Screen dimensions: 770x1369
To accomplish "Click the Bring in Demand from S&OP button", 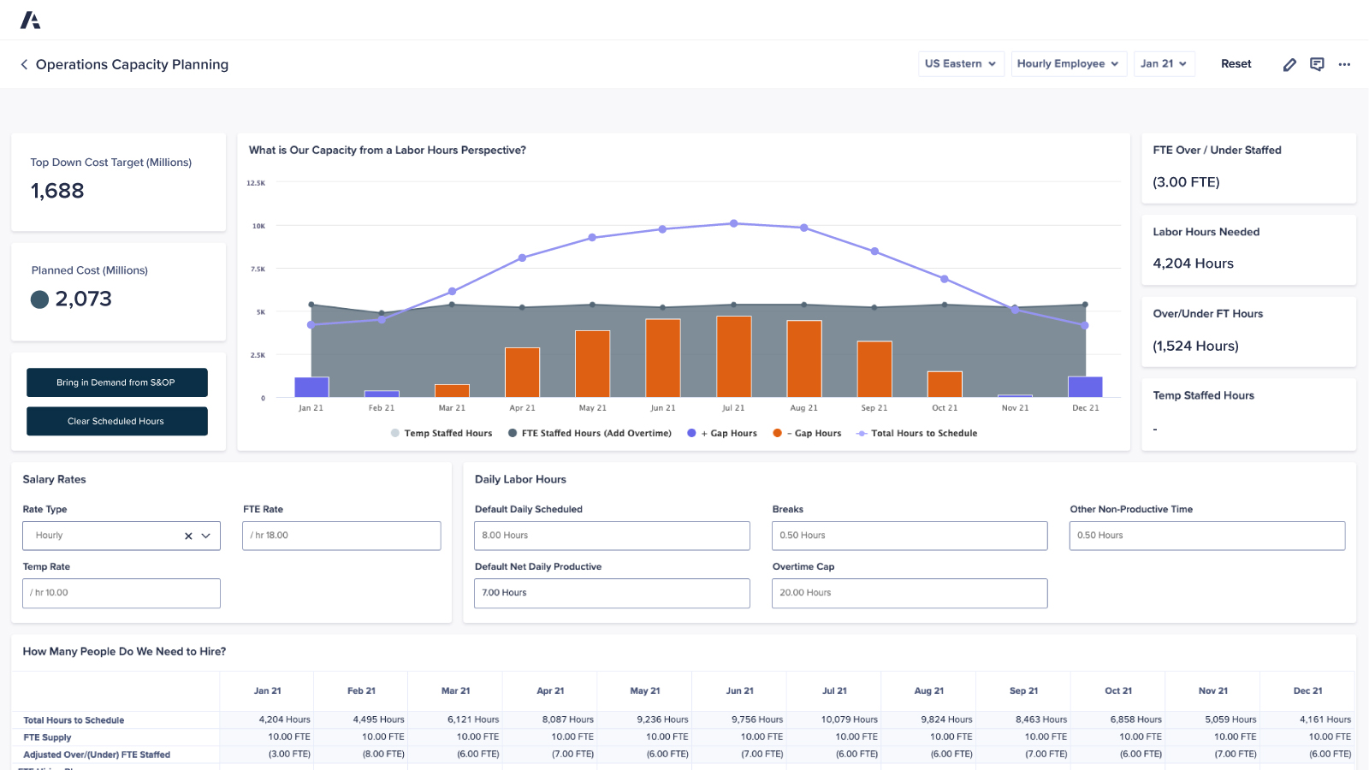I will pyautogui.click(x=116, y=382).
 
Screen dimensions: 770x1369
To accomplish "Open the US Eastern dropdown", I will pyautogui.click(x=960, y=63).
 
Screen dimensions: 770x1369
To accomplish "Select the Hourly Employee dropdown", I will pyautogui.click(x=1067, y=63).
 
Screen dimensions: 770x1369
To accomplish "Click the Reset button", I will pyautogui.click(x=1236, y=63).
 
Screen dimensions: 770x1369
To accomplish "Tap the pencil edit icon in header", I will pyautogui.click(x=1289, y=64).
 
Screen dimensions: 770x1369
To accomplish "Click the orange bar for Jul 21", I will pyautogui.click(x=733, y=357).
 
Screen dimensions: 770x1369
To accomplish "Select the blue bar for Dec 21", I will pyautogui.click(x=1085, y=387).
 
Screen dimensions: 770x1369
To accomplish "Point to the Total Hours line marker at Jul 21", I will pyautogui.click(x=733, y=223).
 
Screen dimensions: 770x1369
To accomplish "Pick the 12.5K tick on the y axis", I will pyautogui.click(x=256, y=183).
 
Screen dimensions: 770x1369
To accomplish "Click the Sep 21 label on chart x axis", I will pyautogui.click(x=874, y=408).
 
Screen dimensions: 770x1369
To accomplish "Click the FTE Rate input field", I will pyautogui.click(x=341, y=536).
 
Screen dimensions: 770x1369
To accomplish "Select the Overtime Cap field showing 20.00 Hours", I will pyautogui.click(x=909, y=593).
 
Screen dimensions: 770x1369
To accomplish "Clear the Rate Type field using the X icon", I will pyautogui.click(x=188, y=536).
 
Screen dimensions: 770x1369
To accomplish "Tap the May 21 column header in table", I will pyautogui.click(x=644, y=690).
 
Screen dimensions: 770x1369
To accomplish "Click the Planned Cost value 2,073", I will pyautogui.click(x=83, y=299).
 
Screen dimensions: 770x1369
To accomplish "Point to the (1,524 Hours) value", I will pyautogui.click(x=1195, y=346).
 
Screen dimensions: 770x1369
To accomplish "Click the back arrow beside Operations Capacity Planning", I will pyautogui.click(x=24, y=64).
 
